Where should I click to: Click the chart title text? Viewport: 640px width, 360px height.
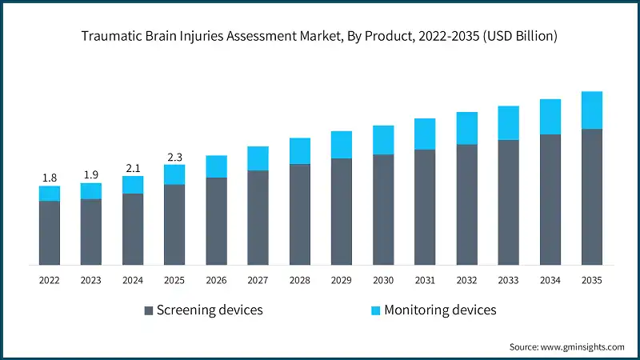coord(320,36)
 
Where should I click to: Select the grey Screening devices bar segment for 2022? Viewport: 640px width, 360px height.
coord(50,233)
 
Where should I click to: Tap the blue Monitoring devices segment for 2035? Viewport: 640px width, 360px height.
coord(591,110)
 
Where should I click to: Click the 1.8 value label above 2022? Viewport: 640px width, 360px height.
coord(50,178)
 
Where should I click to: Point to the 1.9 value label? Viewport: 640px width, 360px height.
coord(91,174)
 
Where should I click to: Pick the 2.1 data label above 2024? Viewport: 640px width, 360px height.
coord(133,168)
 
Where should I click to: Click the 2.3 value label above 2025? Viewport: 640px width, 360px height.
coord(174,157)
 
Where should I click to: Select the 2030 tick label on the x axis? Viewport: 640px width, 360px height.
coord(383,280)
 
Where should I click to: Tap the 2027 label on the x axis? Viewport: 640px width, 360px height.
coord(258,280)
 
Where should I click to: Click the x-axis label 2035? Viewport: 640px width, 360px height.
coord(591,280)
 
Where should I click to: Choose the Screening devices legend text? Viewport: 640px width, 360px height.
coord(210,310)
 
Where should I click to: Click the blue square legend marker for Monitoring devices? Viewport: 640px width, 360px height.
coord(375,310)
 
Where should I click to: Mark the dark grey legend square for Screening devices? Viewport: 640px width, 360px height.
coord(148,310)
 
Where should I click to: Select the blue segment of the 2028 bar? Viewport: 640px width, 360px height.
coord(299,150)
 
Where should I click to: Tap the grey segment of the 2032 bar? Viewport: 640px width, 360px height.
coord(466,205)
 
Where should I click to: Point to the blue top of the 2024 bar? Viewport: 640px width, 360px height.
coord(133,185)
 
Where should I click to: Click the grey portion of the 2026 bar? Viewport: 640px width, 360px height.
coord(216,221)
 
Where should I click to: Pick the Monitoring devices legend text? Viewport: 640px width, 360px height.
coord(440,310)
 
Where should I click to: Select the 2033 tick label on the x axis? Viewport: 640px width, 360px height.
coord(508,280)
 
